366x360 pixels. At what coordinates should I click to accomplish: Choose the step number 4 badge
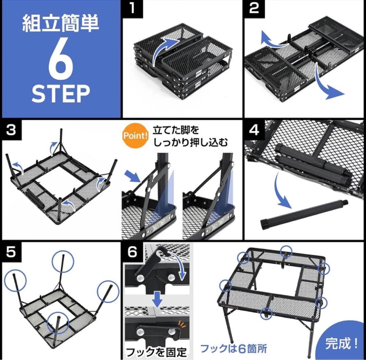254,130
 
